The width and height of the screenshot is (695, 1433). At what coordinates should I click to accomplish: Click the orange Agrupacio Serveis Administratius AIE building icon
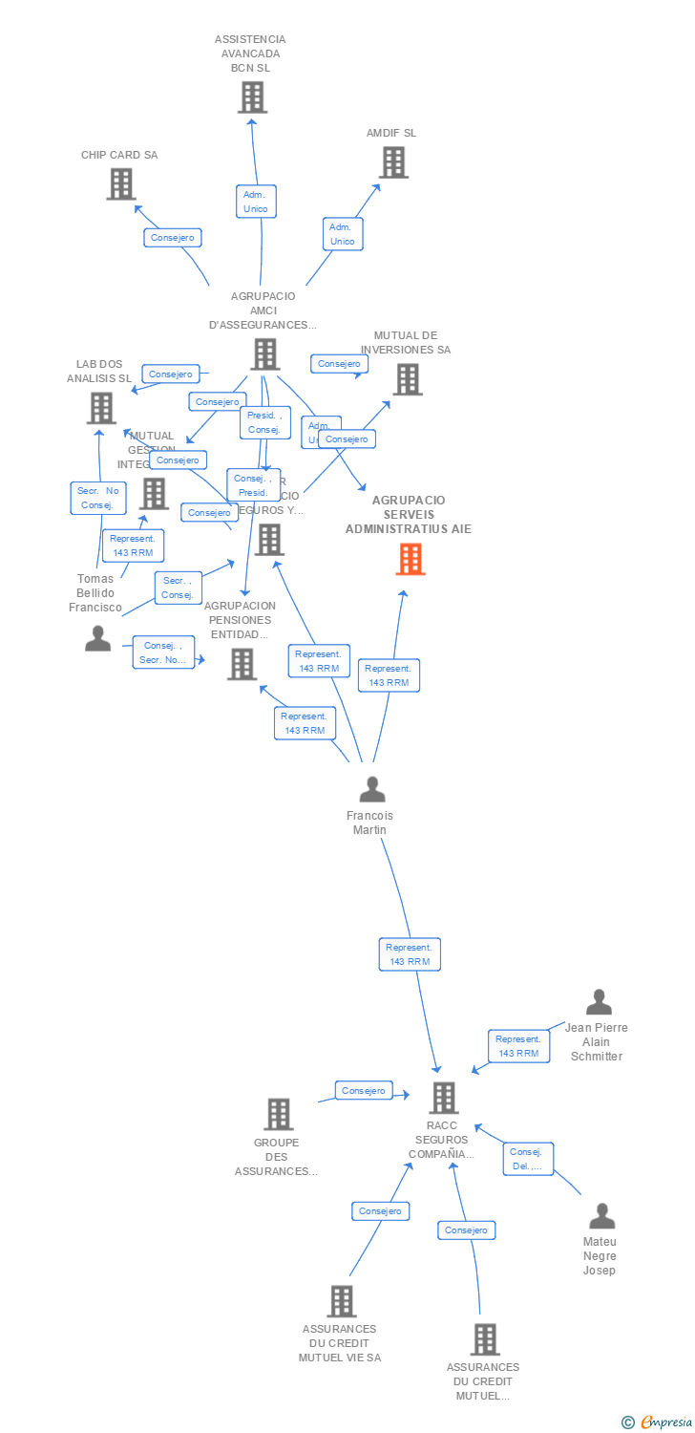coord(411,559)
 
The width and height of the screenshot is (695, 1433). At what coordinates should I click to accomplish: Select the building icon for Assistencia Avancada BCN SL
coord(252,97)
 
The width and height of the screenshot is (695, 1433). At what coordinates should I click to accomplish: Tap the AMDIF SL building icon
coord(393,162)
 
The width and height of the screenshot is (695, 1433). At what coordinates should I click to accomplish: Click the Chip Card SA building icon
coord(121,183)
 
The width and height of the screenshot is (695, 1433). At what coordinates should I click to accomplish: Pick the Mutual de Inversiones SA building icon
coord(407,379)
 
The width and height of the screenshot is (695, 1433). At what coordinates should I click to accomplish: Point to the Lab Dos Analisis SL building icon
coord(100,408)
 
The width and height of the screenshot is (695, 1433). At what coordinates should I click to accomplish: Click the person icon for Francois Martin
coord(371,789)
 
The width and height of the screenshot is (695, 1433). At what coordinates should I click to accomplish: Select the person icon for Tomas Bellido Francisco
coord(97,638)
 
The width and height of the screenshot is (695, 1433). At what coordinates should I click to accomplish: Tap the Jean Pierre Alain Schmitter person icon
coord(599,1002)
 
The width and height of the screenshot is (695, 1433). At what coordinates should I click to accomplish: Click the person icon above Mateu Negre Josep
coord(601,1216)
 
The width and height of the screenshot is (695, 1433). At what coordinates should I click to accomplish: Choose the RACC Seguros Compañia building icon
coord(443,1098)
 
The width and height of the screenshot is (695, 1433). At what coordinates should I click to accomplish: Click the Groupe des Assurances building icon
coord(278,1114)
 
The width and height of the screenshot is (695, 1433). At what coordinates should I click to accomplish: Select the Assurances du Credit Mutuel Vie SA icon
coord(341,1300)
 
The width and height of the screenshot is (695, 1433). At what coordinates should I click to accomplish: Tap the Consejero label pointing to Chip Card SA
coord(173,237)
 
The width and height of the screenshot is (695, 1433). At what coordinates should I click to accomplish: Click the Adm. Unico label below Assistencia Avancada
coord(256,202)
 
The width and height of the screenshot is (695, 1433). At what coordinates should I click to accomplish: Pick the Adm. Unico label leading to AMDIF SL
coord(342,234)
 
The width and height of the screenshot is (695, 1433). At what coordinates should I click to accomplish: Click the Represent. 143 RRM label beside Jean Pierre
coord(518,1046)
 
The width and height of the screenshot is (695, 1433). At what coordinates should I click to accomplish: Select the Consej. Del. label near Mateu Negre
coord(528,1159)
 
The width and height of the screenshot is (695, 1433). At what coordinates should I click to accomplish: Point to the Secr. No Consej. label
coord(97,498)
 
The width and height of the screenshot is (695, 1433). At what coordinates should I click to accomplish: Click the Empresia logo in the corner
coord(658,1422)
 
